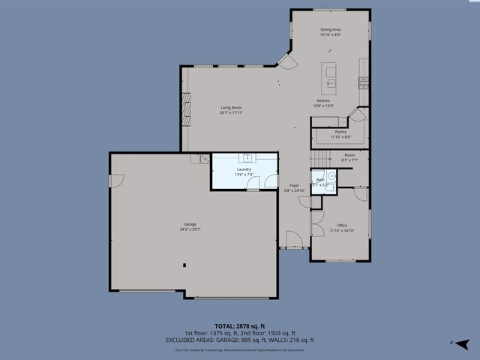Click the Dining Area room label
coord(330,30)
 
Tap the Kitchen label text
coord(322,100)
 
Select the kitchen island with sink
coord(329,75)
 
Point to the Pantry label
coord(340,132)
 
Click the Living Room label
coord(231,107)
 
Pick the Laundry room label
coord(244,169)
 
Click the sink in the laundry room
coord(247,157)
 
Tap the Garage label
coord(190,224)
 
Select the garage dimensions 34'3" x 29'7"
coord(190,229)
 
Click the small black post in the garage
coord(183,264)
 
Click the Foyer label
coord(295,185)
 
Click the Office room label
coord(341,225)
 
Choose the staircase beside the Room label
coord(320,158)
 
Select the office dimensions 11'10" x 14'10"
coord(341,231)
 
